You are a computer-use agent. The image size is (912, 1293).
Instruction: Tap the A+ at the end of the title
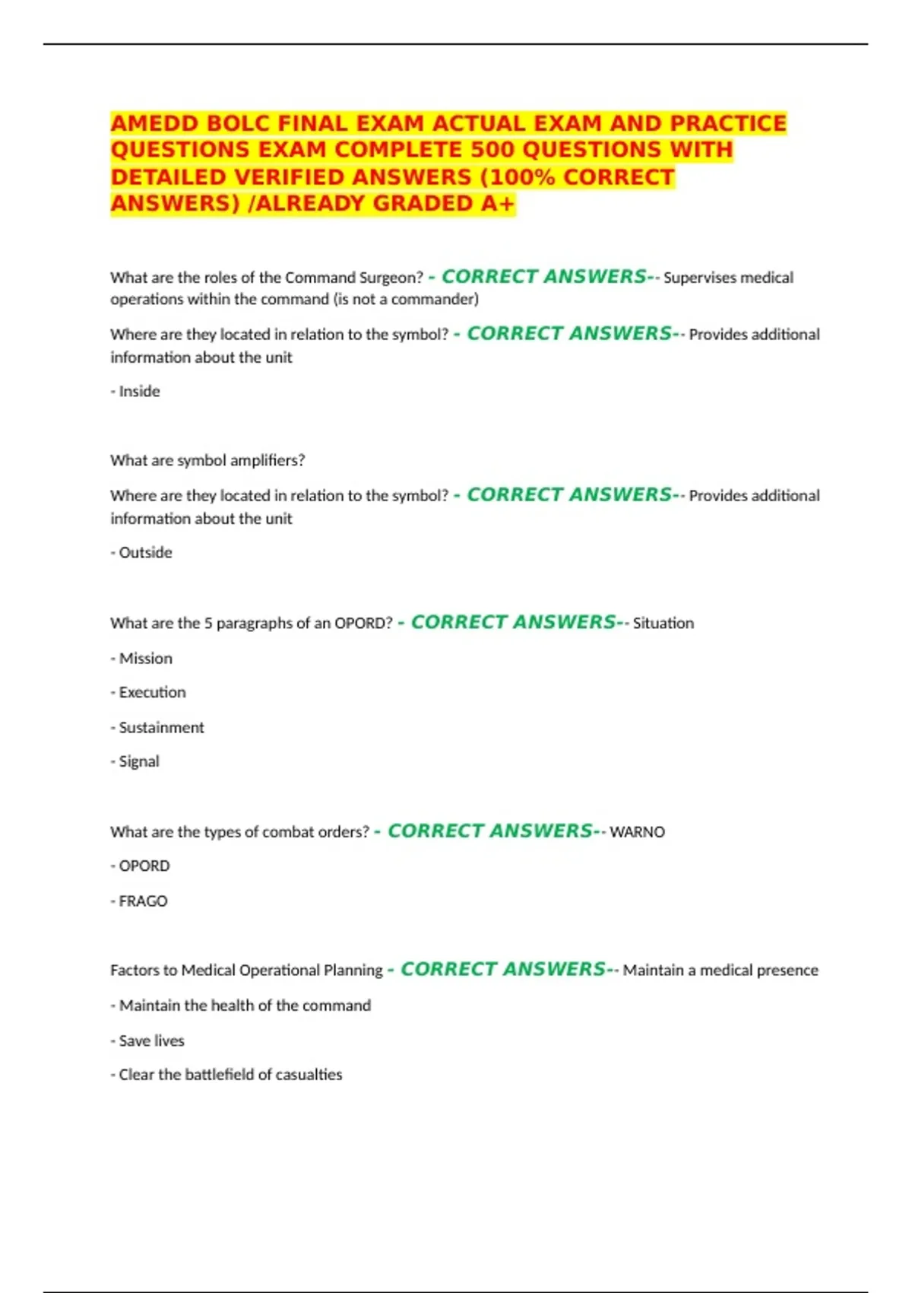click(498, 204)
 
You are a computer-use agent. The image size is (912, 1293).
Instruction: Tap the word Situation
click(663, 624)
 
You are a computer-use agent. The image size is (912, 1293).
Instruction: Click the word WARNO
click(637, 832)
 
